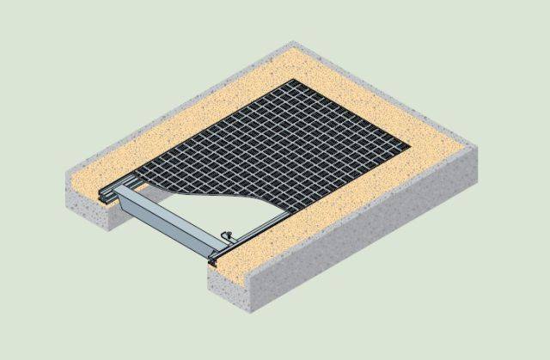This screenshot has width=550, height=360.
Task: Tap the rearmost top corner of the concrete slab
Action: coord(293,41)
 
